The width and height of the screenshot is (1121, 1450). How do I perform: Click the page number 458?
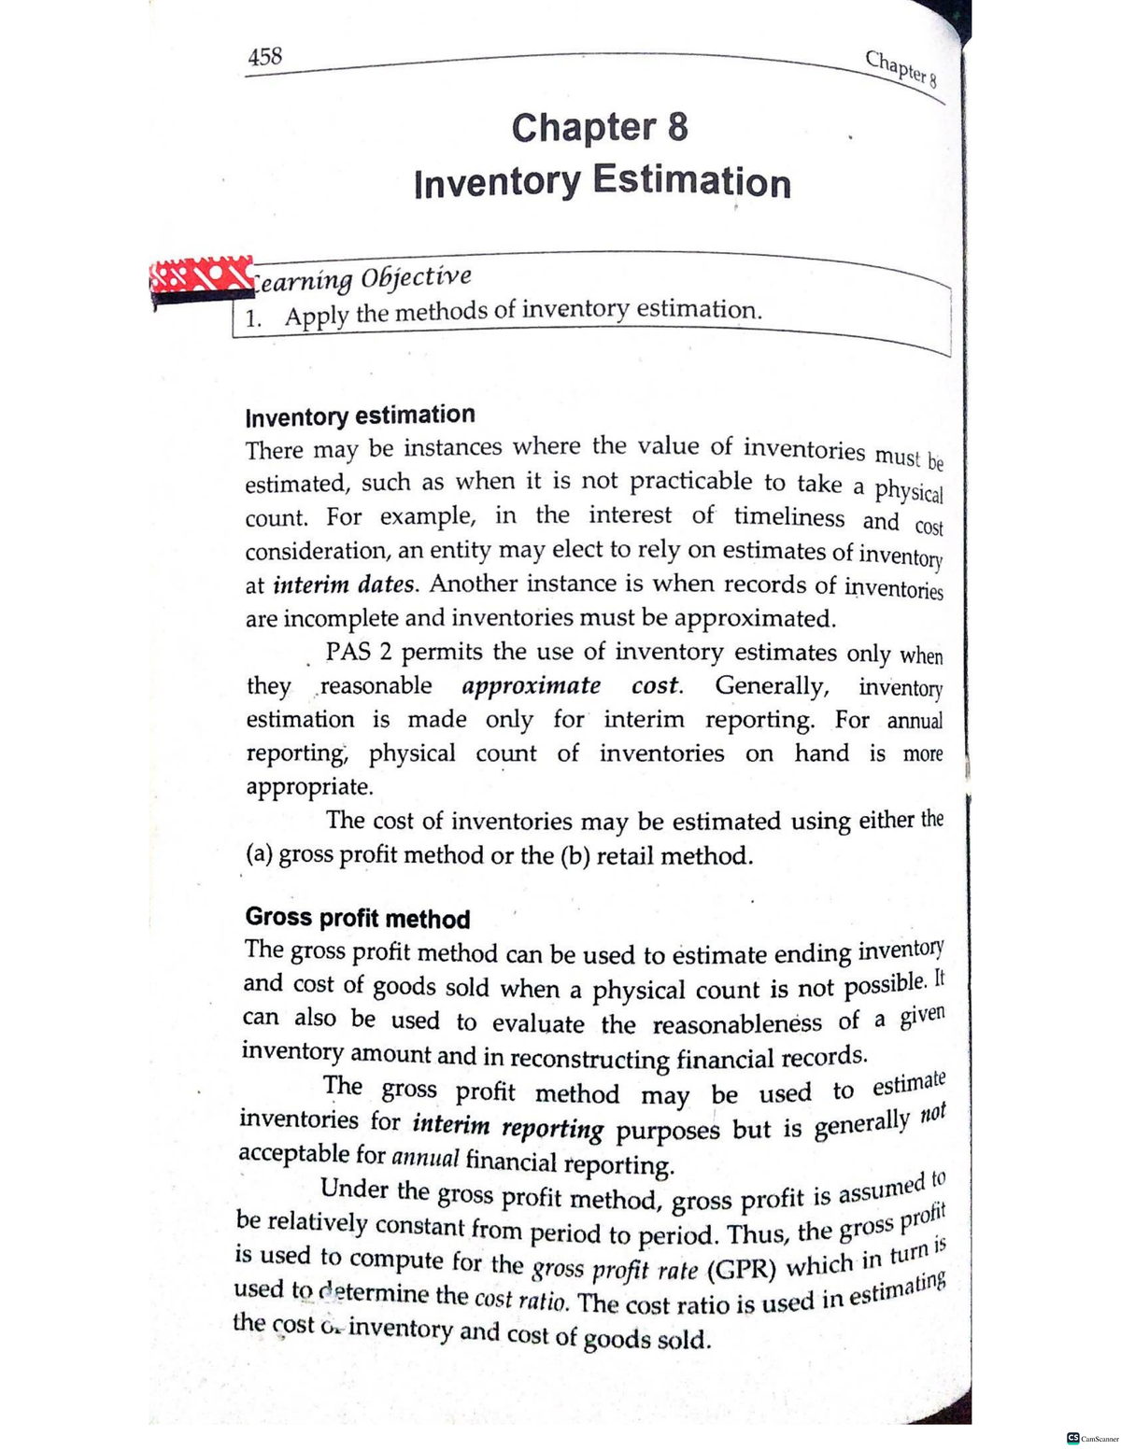click(264, 57)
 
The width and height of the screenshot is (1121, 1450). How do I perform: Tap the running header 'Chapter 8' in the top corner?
click(901, 67)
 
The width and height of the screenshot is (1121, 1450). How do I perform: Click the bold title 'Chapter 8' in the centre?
click(600, 127)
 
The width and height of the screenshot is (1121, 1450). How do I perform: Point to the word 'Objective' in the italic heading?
click(416, 277)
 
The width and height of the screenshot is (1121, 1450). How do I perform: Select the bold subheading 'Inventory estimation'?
click(360, 415)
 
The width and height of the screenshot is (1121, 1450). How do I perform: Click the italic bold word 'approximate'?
click(532, 685)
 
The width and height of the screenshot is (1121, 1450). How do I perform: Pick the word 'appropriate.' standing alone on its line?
click(309, 786)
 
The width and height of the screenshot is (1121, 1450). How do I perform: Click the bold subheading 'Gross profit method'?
click(358, 918)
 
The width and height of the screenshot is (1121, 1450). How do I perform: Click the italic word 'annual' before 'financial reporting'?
click(425, 1159)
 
